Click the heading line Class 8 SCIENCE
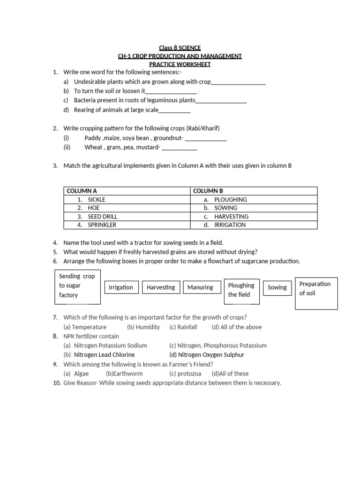[180, 48]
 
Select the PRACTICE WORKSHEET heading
[180, 64]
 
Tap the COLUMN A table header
[82, 191]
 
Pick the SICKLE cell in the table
[97, 199]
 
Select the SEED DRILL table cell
[102, 217]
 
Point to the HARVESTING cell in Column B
[231, 217]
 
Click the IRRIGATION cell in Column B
[230, 225]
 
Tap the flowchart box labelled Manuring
[200, 287]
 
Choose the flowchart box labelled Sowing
[277, 287]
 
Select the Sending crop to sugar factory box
[78, 286]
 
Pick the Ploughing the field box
[241, 290]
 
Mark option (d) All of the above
[237, 327]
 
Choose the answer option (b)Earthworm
[124, 374]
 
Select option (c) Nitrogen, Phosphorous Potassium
[218, 345]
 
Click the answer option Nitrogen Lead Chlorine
[104, 355]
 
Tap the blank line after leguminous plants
[221, 101]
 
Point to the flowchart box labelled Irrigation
[121, 287]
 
